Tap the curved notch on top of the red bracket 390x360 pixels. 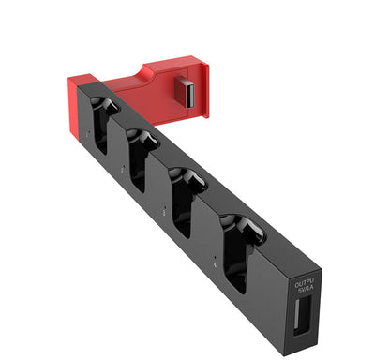click(x=150, y=72)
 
